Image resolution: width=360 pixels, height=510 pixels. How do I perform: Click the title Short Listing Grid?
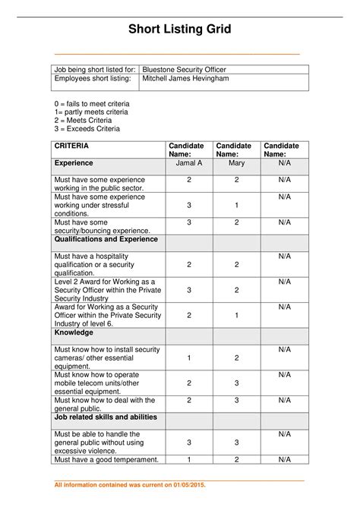click(179, 30)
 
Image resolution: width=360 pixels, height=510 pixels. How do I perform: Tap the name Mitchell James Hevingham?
click(185, 79)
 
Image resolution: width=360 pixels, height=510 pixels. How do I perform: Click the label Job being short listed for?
click(94, 69)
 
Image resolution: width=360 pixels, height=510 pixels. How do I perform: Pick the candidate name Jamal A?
click(189, 162)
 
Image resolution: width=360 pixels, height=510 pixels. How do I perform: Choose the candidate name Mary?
click(236, 162)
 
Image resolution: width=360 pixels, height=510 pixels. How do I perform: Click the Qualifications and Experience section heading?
click(106, 239)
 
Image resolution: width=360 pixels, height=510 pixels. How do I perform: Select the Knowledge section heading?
click(74, 332)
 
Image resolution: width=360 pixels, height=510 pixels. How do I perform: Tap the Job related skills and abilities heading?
click(106, 417)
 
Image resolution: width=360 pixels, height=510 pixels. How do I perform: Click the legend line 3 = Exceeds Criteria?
click(87, 129)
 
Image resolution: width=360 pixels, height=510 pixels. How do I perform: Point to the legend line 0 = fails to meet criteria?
click(91, 102)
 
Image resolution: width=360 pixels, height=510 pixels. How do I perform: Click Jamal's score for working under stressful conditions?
click(189, 205)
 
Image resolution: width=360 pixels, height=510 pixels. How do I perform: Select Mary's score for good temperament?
click(236, 459)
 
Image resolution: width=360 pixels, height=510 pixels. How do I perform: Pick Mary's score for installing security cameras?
click(236, 358)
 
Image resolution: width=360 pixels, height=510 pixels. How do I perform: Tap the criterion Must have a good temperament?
click(106, 459)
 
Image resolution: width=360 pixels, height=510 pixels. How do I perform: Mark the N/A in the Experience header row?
click(284, 162)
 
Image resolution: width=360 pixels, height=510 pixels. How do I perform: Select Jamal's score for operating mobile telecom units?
click(189, 383)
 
